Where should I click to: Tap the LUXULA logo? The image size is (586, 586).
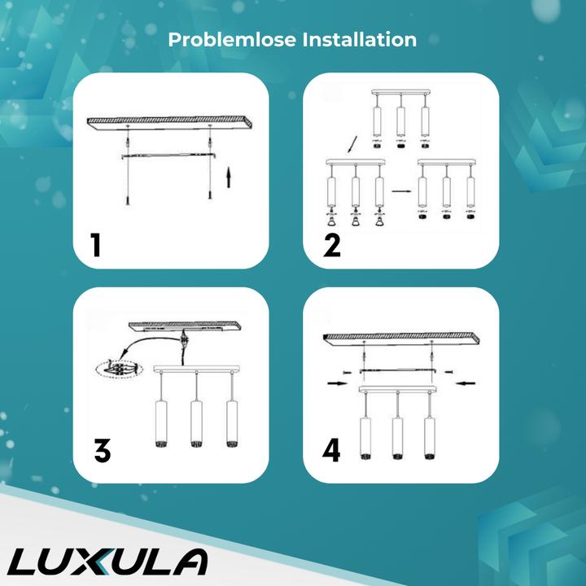pos(110,562)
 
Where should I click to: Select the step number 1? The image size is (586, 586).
pos(97,244)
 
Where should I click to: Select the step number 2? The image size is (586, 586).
pos(331,244)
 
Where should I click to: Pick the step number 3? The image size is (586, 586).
pos(102,450)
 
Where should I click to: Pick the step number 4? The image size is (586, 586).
pos(331,450)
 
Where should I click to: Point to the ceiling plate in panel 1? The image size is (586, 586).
pos(169,122)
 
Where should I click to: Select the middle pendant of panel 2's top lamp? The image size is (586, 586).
pos(400,120)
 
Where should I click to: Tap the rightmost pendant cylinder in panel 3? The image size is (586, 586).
pos(233,423)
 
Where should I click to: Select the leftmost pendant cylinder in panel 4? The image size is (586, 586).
pos(364,438)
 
